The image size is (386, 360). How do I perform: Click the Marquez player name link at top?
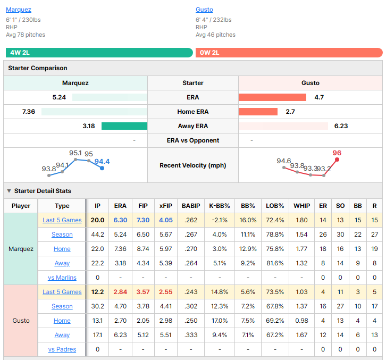[19, 10]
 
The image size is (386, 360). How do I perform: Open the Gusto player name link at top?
[204, 10]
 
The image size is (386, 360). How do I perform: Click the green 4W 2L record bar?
[99, 53]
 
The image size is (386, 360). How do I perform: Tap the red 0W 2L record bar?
[289, 53]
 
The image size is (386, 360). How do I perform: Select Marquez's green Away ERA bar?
[124, 126]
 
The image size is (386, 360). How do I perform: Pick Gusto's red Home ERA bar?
[258, 112]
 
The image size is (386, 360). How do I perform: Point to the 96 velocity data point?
[337, 160]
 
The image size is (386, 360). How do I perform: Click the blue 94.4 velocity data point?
[102, 168]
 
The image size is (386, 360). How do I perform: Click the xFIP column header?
[166, 206]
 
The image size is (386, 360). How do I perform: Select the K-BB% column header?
[220, 206]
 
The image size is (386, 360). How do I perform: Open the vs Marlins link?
[62, 278]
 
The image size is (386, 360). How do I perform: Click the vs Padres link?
[62, 349]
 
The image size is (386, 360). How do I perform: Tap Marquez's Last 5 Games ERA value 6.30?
[120, 220]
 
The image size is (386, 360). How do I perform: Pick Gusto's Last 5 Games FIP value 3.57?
[143, 292]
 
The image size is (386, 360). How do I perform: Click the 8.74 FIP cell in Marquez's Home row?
[143, 249]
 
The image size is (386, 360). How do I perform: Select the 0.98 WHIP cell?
[301, 321]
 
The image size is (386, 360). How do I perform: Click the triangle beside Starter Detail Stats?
[9, 191]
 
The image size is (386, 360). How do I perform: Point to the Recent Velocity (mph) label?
[193, 165]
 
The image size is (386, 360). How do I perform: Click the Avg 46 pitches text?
[215, 35]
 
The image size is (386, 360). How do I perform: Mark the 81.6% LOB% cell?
[275, 263]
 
